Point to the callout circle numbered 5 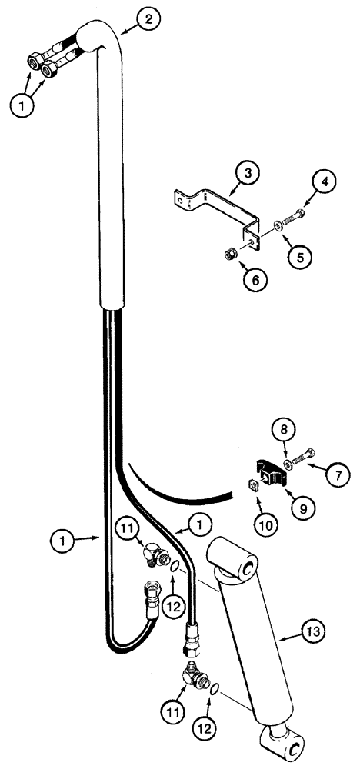click(x=299, y=254)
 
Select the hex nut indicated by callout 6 click(x=230, y=253)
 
